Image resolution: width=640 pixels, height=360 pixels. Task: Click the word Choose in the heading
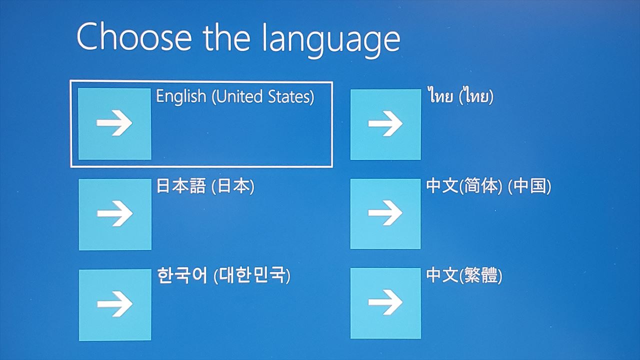tap(134, 37)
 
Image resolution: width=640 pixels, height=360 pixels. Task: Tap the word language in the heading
tap(331, 40)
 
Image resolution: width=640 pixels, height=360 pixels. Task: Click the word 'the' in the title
tap(226, 37)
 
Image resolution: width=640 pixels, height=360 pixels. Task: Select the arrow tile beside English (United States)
tap(114, 123)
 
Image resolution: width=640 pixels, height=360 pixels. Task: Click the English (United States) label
tap(235, 96)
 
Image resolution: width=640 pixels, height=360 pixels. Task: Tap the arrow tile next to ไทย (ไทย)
tap(385, 124)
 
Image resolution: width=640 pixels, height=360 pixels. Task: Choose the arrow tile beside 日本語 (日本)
tap(115, 214)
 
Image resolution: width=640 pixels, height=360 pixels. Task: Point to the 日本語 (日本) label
tap(205, 186)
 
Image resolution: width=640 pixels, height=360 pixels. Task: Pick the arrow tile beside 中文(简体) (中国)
tap(385, 213)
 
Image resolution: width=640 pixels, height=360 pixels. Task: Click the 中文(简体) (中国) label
tap(488, 186)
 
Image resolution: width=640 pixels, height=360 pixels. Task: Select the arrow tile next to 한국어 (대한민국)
tap(115, 305)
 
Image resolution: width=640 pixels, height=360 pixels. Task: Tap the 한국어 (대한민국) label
tap(223, 275)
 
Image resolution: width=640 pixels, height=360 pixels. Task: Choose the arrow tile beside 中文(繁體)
tap(385, 303)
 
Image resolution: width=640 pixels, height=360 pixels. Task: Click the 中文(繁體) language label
tap(464, 275)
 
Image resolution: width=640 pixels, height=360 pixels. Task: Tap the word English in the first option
tap(181, 96)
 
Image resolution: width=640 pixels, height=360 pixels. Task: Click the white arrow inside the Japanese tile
tap(115, 213)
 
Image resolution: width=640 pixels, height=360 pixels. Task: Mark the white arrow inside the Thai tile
tap(385, 123)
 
